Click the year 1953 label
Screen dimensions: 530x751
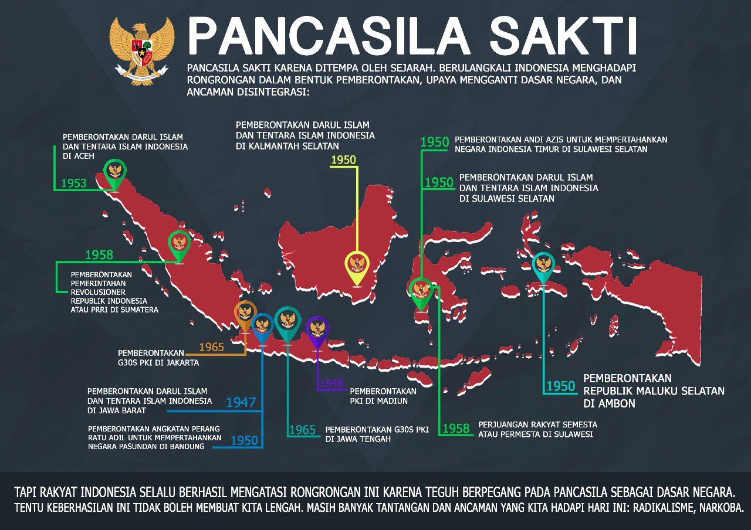coord(74,183)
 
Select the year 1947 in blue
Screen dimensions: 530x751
coord(241,402)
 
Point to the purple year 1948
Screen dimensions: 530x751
coord(331,383)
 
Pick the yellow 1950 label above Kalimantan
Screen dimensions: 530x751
coord(344,159)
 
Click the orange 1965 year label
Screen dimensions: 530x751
coord(212,347)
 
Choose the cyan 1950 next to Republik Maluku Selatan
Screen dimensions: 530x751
coord(561,386)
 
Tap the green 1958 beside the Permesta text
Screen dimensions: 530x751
coord(456,429)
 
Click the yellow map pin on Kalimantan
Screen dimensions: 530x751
coord(357,266)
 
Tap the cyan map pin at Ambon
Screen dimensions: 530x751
coord(544,266)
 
